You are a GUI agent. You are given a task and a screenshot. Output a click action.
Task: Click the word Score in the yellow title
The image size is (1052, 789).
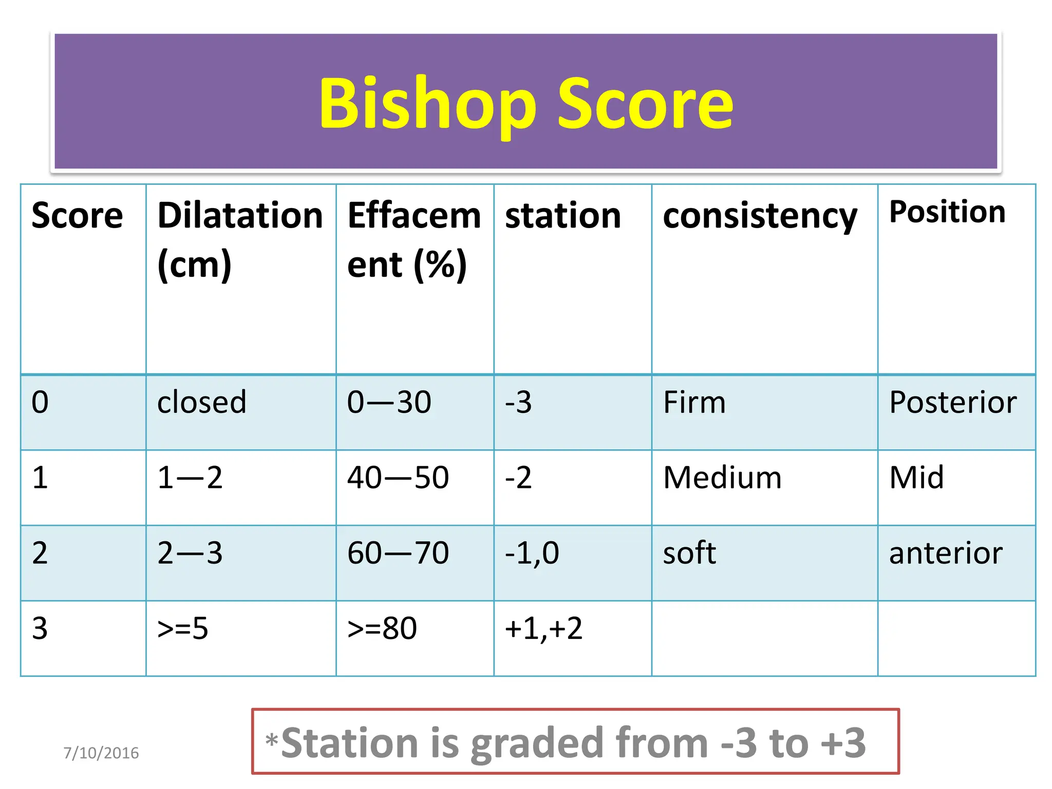pos(646,104)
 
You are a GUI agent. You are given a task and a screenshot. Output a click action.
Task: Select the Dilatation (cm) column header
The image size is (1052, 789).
pos(240,239)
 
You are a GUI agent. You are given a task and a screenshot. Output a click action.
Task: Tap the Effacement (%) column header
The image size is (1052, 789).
pos(414,239)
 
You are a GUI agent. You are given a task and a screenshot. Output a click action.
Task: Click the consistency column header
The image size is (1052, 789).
pos(760,216)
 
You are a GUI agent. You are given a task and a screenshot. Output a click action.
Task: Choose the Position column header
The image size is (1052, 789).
pos(947,212)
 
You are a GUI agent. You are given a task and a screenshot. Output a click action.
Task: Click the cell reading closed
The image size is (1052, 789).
pos(202,402)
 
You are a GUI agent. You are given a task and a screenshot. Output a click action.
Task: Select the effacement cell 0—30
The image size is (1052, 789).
pos(389,402)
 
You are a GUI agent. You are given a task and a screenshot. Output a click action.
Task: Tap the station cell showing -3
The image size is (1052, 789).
pos(518,402)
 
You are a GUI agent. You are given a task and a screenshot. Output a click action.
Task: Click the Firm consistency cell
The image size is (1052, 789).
pos(694,402)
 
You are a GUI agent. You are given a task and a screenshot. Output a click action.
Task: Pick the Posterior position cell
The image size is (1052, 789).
pos(953,402)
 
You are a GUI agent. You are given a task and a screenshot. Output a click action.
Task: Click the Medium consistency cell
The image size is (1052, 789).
pos(722,477)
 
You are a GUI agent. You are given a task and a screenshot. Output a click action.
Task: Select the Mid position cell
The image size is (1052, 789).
pos(916,477)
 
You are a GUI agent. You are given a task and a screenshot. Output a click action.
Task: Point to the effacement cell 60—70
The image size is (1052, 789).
pos(398,553)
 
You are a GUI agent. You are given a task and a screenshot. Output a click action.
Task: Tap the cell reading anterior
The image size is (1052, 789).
pos(946,553)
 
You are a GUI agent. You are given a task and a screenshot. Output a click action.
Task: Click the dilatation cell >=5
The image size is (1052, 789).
pos(183,628)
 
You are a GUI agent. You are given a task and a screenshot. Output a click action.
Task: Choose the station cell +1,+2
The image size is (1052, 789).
pos(543,628)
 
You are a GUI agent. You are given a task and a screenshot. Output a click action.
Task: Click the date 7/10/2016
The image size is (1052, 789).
pos(101,753)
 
